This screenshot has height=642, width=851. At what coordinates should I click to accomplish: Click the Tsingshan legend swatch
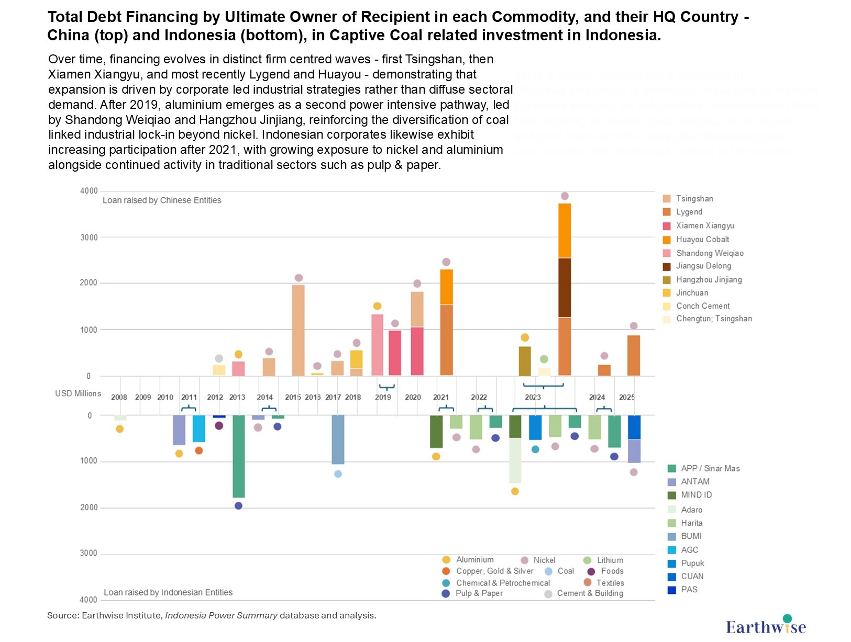[x=667, y=199]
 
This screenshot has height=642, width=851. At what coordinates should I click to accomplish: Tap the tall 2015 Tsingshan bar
[x=298, y=330]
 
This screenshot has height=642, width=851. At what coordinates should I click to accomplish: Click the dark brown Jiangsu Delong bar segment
[x=565, y=287]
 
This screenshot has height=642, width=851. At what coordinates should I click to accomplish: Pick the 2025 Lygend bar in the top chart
[x=634, y=355]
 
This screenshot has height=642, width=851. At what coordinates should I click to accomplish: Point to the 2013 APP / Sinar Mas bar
[x=239, y=456]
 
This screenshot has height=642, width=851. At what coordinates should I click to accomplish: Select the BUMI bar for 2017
[x=338, y=440]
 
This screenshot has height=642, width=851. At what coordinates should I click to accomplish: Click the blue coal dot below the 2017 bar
[x=338, y=474]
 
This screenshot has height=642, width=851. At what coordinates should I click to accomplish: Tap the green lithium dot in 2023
[x=544, y=359]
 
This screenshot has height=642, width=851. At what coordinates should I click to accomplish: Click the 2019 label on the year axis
[x=383, y=397]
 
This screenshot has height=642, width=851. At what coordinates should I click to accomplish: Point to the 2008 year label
[x=119, y=397]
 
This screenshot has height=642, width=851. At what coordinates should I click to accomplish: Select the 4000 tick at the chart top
[x=89, y=191]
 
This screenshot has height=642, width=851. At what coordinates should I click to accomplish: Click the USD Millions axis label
[x=78, y=393]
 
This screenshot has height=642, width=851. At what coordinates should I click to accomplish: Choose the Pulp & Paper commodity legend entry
[x=479, y=593]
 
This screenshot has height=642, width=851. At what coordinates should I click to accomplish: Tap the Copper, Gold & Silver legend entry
[x=494, y=571]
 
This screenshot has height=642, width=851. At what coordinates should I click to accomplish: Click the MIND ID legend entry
[x=696, y=495]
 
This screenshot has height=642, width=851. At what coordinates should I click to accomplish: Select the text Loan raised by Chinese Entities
[x=162, y=200]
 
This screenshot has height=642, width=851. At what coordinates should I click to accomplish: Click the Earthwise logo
[x=766, y=625]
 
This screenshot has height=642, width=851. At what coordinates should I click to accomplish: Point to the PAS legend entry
[x=689, y=590]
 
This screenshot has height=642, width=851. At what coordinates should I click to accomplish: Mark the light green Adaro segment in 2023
[x=515, y=460]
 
